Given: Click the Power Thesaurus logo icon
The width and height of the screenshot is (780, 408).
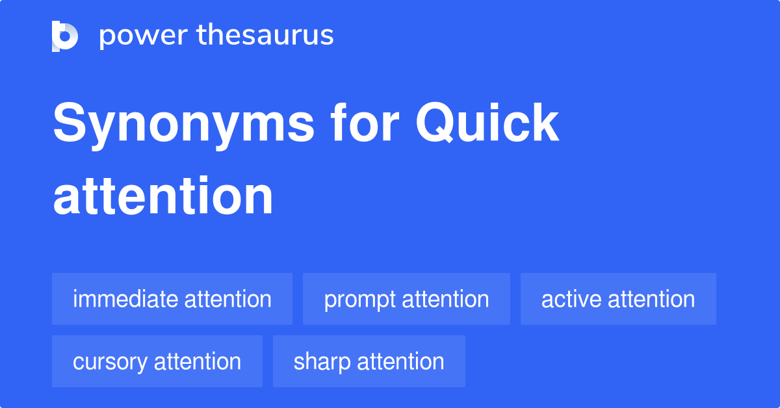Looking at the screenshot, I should [65, 36].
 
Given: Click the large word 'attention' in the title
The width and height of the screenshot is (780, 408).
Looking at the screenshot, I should [163, 196].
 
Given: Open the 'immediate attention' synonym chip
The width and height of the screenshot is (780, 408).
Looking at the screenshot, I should [172, 299].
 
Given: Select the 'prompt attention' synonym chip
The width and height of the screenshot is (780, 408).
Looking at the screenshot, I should [406, 299].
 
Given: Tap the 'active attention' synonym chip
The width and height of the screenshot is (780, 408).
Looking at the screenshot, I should [618, 299].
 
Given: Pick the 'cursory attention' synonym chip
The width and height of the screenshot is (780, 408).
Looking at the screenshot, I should [157, 361].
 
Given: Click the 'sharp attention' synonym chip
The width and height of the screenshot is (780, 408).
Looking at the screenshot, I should [369, 361].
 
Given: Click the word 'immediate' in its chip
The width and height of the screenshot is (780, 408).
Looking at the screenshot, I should [125, 299].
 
